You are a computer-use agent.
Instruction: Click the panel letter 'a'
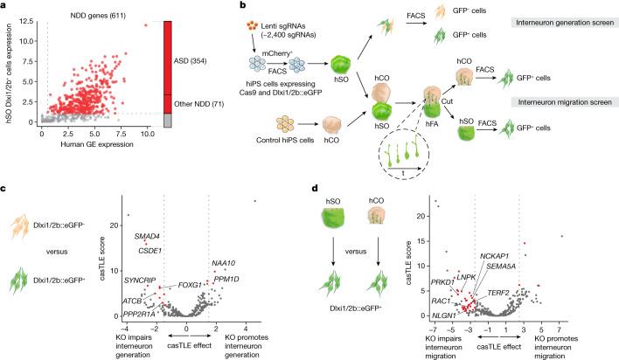[x=4, y=6]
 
